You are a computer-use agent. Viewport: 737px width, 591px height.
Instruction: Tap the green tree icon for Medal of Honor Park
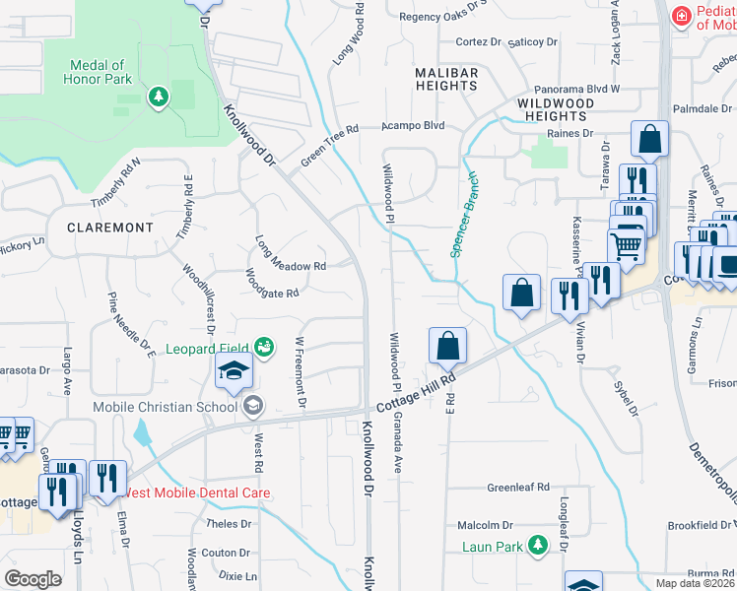pos(157,97)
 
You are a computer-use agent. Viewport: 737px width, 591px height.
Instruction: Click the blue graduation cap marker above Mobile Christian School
pos(234,371)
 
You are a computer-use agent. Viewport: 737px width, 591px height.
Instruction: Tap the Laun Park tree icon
pos(537,544)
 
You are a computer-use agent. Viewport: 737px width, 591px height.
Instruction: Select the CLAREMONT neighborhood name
pos(110,228)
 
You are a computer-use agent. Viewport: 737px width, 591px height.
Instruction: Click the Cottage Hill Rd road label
pos(415,393)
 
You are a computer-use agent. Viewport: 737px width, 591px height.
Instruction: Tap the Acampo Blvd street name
pos(413,126)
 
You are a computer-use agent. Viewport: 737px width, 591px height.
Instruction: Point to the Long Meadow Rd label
pos(290,254)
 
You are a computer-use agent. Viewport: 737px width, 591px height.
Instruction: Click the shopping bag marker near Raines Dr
pos(649,140)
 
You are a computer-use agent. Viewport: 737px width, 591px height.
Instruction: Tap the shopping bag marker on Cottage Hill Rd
pos(447,347)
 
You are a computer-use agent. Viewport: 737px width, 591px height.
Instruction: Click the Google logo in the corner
pos(33,579)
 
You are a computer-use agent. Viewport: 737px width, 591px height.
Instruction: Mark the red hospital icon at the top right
pos(680,17)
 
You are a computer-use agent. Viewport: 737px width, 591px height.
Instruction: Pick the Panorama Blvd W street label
pos(576,88)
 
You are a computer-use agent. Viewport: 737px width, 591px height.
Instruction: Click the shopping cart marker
pos(626,246)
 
